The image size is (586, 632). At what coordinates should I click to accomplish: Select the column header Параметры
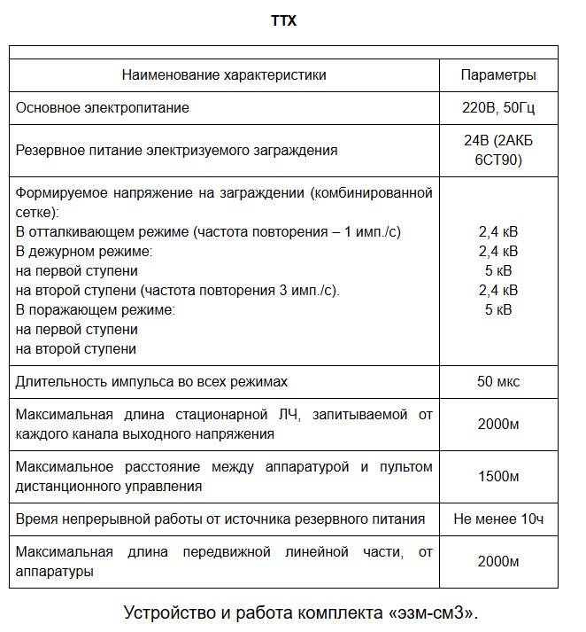497,75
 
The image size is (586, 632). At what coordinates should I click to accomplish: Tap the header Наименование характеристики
224,75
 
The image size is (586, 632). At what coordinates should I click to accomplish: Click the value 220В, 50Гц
497,108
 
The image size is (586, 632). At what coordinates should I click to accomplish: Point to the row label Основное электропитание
103,108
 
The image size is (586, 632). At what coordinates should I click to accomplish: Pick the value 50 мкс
497,382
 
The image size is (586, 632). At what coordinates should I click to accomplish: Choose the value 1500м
497,478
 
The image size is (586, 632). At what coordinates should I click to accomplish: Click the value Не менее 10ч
497,519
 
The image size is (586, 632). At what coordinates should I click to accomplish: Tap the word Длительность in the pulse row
56,382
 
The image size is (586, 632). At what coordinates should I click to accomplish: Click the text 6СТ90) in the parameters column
497,160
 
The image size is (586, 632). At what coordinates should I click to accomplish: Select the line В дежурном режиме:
84,251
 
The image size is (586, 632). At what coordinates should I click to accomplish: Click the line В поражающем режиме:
96,309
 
